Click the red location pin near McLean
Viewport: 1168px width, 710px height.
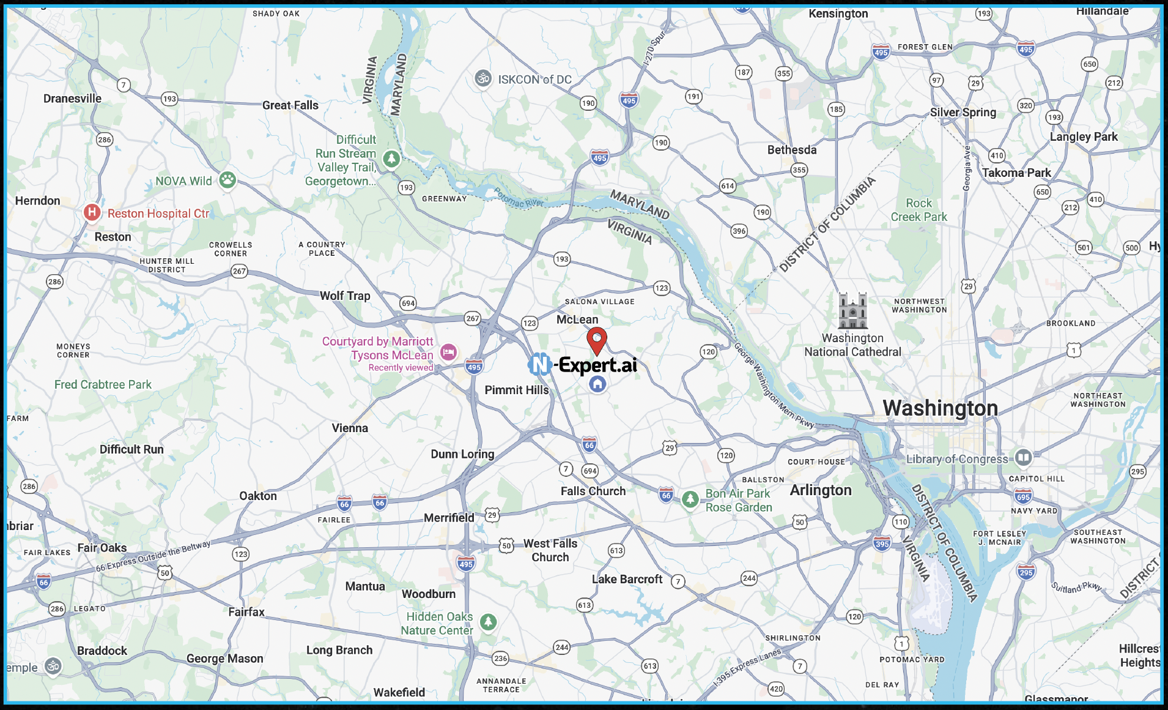[597, 339]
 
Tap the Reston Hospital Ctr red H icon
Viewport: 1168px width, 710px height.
[92, 212]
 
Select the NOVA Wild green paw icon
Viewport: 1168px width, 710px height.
[227, 180]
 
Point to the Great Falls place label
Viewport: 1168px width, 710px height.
[290, 105]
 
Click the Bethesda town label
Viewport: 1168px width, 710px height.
[791, 150]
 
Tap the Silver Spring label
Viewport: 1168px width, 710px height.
[963, 113]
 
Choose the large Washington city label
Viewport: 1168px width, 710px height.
[940, 408]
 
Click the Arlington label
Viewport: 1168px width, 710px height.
[820, 490]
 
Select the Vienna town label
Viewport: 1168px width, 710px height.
[350, 428]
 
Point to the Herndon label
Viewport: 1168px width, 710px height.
[37, 201]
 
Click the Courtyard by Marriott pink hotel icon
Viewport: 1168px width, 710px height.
[448, 352]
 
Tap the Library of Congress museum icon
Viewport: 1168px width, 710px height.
[1023, 457]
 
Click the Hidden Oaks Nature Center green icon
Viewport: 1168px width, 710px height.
[487, 622]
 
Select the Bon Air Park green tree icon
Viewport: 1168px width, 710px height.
[690, 499]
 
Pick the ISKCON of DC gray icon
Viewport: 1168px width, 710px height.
[483, 78]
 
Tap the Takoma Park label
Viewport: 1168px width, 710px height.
[1016, 173]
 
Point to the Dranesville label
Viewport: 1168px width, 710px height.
[72, 99]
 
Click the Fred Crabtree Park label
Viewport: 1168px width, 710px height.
[103, 384]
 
